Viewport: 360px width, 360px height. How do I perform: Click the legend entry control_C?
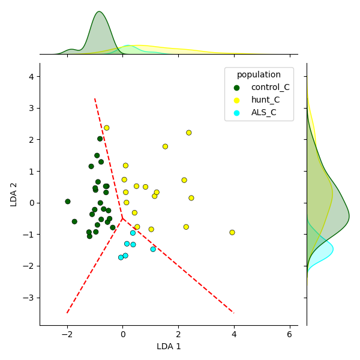[x=270, y=88]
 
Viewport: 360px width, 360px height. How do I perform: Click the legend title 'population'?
[x=259, y=75]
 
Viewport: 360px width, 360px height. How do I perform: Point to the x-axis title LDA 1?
[x=169, y=346]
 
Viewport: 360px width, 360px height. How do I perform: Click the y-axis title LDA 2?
[x=14, y=194]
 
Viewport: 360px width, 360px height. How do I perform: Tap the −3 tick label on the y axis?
[x=29, y=298]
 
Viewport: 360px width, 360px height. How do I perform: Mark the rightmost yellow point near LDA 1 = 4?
[x=232, y=232]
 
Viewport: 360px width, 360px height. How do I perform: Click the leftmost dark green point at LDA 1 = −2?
[x=68, y=202]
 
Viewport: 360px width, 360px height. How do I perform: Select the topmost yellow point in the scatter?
[x=107, y=128]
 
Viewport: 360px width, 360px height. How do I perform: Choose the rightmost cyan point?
[x=153, y=249]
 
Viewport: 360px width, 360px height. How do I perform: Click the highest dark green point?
[x=100, y=139]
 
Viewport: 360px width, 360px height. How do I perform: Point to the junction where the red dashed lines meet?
[x=122, y=218]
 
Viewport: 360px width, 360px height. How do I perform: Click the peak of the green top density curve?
[x=100, y=12]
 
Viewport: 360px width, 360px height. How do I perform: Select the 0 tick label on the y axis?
[x=31, y=203]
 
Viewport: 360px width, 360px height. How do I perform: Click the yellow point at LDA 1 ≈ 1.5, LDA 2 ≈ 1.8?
[x=165, y=146]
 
